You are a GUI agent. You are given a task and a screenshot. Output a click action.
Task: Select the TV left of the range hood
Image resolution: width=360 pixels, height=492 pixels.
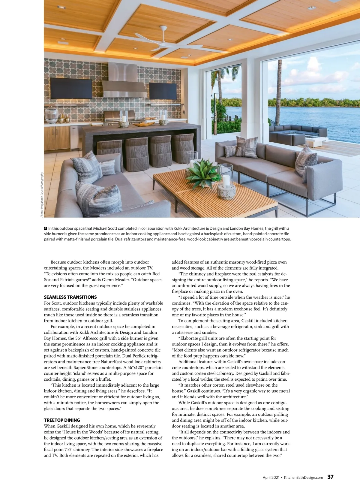[x=71, y=88]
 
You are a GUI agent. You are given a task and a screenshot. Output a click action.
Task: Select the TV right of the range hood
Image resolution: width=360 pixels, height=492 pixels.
[x=163, y=91]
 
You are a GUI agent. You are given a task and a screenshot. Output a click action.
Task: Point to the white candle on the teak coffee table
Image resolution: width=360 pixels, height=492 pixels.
[x=226, y=181]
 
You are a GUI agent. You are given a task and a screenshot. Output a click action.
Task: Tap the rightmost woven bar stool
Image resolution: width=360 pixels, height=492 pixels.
[x=183, y=148]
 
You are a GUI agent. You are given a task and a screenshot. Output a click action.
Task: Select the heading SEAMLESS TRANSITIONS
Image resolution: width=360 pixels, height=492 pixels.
[x=70, y=297]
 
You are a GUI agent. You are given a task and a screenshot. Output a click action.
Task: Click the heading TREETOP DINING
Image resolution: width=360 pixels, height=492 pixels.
[x=62, y=420]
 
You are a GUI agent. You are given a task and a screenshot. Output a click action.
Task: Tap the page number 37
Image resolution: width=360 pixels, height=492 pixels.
[x=330, y=477]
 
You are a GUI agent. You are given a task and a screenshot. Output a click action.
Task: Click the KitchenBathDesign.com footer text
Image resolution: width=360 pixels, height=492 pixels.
[x=303, y=478]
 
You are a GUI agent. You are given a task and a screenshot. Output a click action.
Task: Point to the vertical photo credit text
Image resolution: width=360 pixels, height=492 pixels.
[x=42, y=195]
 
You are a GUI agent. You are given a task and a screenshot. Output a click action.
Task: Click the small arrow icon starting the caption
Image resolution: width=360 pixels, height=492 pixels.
[x=46, y=228]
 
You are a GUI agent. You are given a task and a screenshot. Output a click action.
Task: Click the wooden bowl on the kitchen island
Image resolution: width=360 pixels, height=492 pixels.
[x=143, y=124]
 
